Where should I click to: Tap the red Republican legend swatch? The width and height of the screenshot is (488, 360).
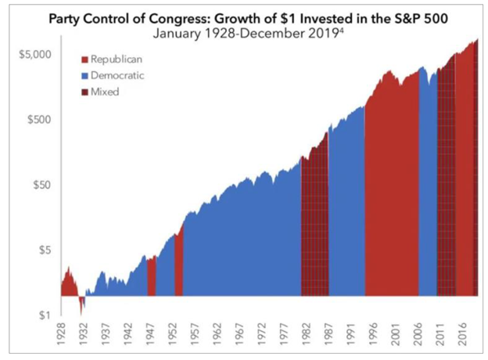coord(84,59)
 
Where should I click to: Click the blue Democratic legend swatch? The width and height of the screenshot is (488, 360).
coord(84,75)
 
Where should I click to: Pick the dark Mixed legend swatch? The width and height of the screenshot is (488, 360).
coord(84,91)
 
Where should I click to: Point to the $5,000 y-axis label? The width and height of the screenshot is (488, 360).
coord(34,55)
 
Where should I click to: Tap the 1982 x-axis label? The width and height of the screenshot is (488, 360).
coord(306,336)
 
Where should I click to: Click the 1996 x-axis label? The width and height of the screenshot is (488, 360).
coord(372,336)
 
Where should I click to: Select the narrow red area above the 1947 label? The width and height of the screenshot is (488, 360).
coord(152,278)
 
